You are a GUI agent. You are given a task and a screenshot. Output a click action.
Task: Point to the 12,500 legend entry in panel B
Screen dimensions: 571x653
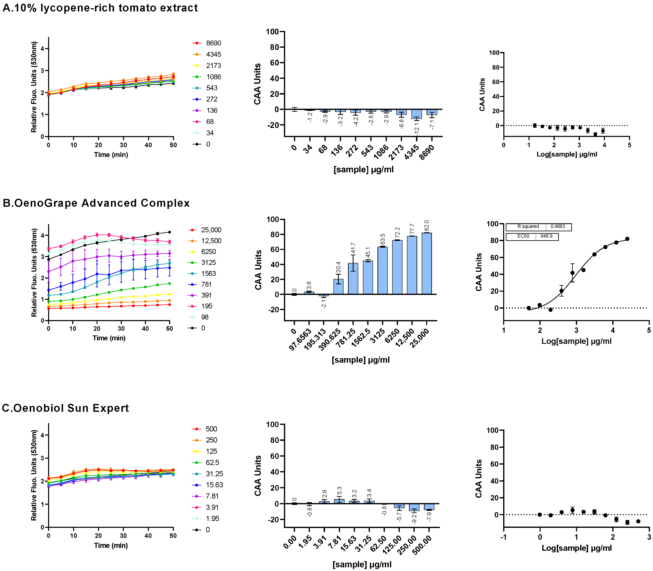tap(211, 241)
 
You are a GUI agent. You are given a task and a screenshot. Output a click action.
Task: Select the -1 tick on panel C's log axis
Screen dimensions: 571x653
tap(504, 537)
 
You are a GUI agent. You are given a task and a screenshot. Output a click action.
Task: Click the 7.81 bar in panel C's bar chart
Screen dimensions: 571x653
tap(339, 501)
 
